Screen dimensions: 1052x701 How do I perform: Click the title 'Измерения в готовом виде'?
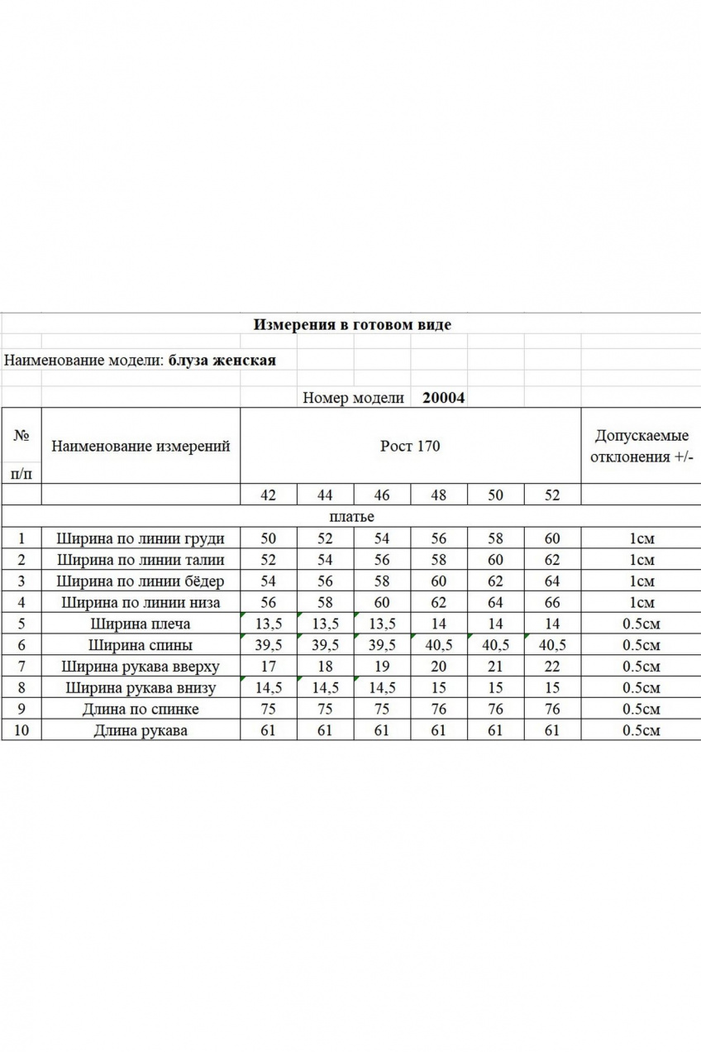[x=351, y=324]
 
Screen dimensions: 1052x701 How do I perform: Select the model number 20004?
[x=443, y=397]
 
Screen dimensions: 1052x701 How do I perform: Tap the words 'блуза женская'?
[x=222, y=361]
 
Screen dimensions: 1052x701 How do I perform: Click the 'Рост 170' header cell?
[x=410, y=447]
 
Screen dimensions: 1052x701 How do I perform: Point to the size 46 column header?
[x=382, y=495]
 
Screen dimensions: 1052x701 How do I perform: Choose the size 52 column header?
[x=552, y=495]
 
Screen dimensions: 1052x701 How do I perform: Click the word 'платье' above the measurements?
[x=351, y=517]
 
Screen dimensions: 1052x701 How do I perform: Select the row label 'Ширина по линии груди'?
[x=141, y=538]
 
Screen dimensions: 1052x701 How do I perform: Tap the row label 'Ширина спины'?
[x=141, y=645]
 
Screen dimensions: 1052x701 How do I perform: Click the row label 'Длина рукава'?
[x=141, y=730]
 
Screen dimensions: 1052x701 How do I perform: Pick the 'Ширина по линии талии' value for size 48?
[x=439, y=560]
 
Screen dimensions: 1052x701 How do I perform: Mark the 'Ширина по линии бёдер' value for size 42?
[x=268, y=581]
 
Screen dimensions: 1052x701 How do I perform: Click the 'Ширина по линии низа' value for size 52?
[x=552, y=603]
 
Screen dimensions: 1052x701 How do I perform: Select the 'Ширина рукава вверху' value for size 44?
[x=325, y=667]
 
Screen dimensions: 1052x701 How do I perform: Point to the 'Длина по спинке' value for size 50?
[x=495, y=709]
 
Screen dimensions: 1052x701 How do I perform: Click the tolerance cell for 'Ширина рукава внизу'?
[x=641, y=688]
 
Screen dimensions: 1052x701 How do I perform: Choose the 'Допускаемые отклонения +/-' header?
[x=641, y=447]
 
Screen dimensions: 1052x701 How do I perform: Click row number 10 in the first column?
[x=21, y=730]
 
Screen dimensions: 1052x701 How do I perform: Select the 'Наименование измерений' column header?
[x=141, y=447]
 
